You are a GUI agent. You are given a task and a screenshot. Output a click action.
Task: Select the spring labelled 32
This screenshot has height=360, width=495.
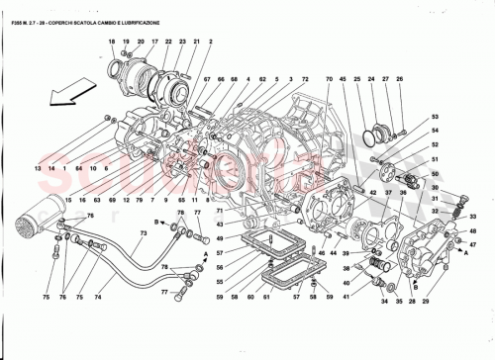click(x=457, y=210)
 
